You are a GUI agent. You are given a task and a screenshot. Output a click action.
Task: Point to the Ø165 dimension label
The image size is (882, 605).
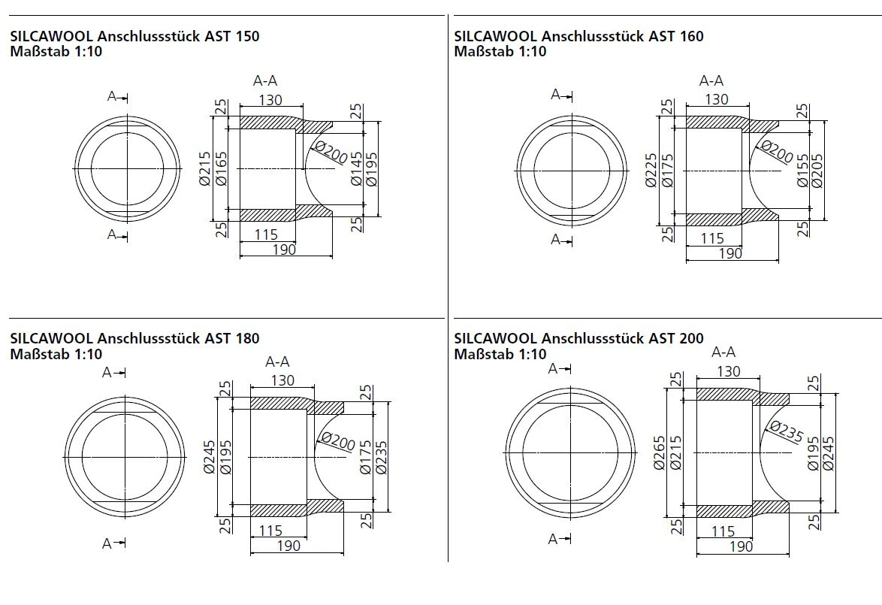[x=222, y=168]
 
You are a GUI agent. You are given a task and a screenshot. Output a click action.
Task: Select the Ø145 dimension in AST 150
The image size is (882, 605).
[x=357, y=169]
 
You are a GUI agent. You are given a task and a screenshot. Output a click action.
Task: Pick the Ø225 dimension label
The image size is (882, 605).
[x=651, y=171]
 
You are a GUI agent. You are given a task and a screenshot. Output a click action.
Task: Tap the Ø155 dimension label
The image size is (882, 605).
[x=802, y=171]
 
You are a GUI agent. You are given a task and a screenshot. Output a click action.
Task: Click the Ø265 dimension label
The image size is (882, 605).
[x=659, y=453]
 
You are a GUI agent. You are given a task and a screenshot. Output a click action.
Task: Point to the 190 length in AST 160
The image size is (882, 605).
[x=730, y=253]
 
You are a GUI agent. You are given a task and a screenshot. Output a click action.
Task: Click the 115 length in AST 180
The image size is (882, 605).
[x=270, y=531]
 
